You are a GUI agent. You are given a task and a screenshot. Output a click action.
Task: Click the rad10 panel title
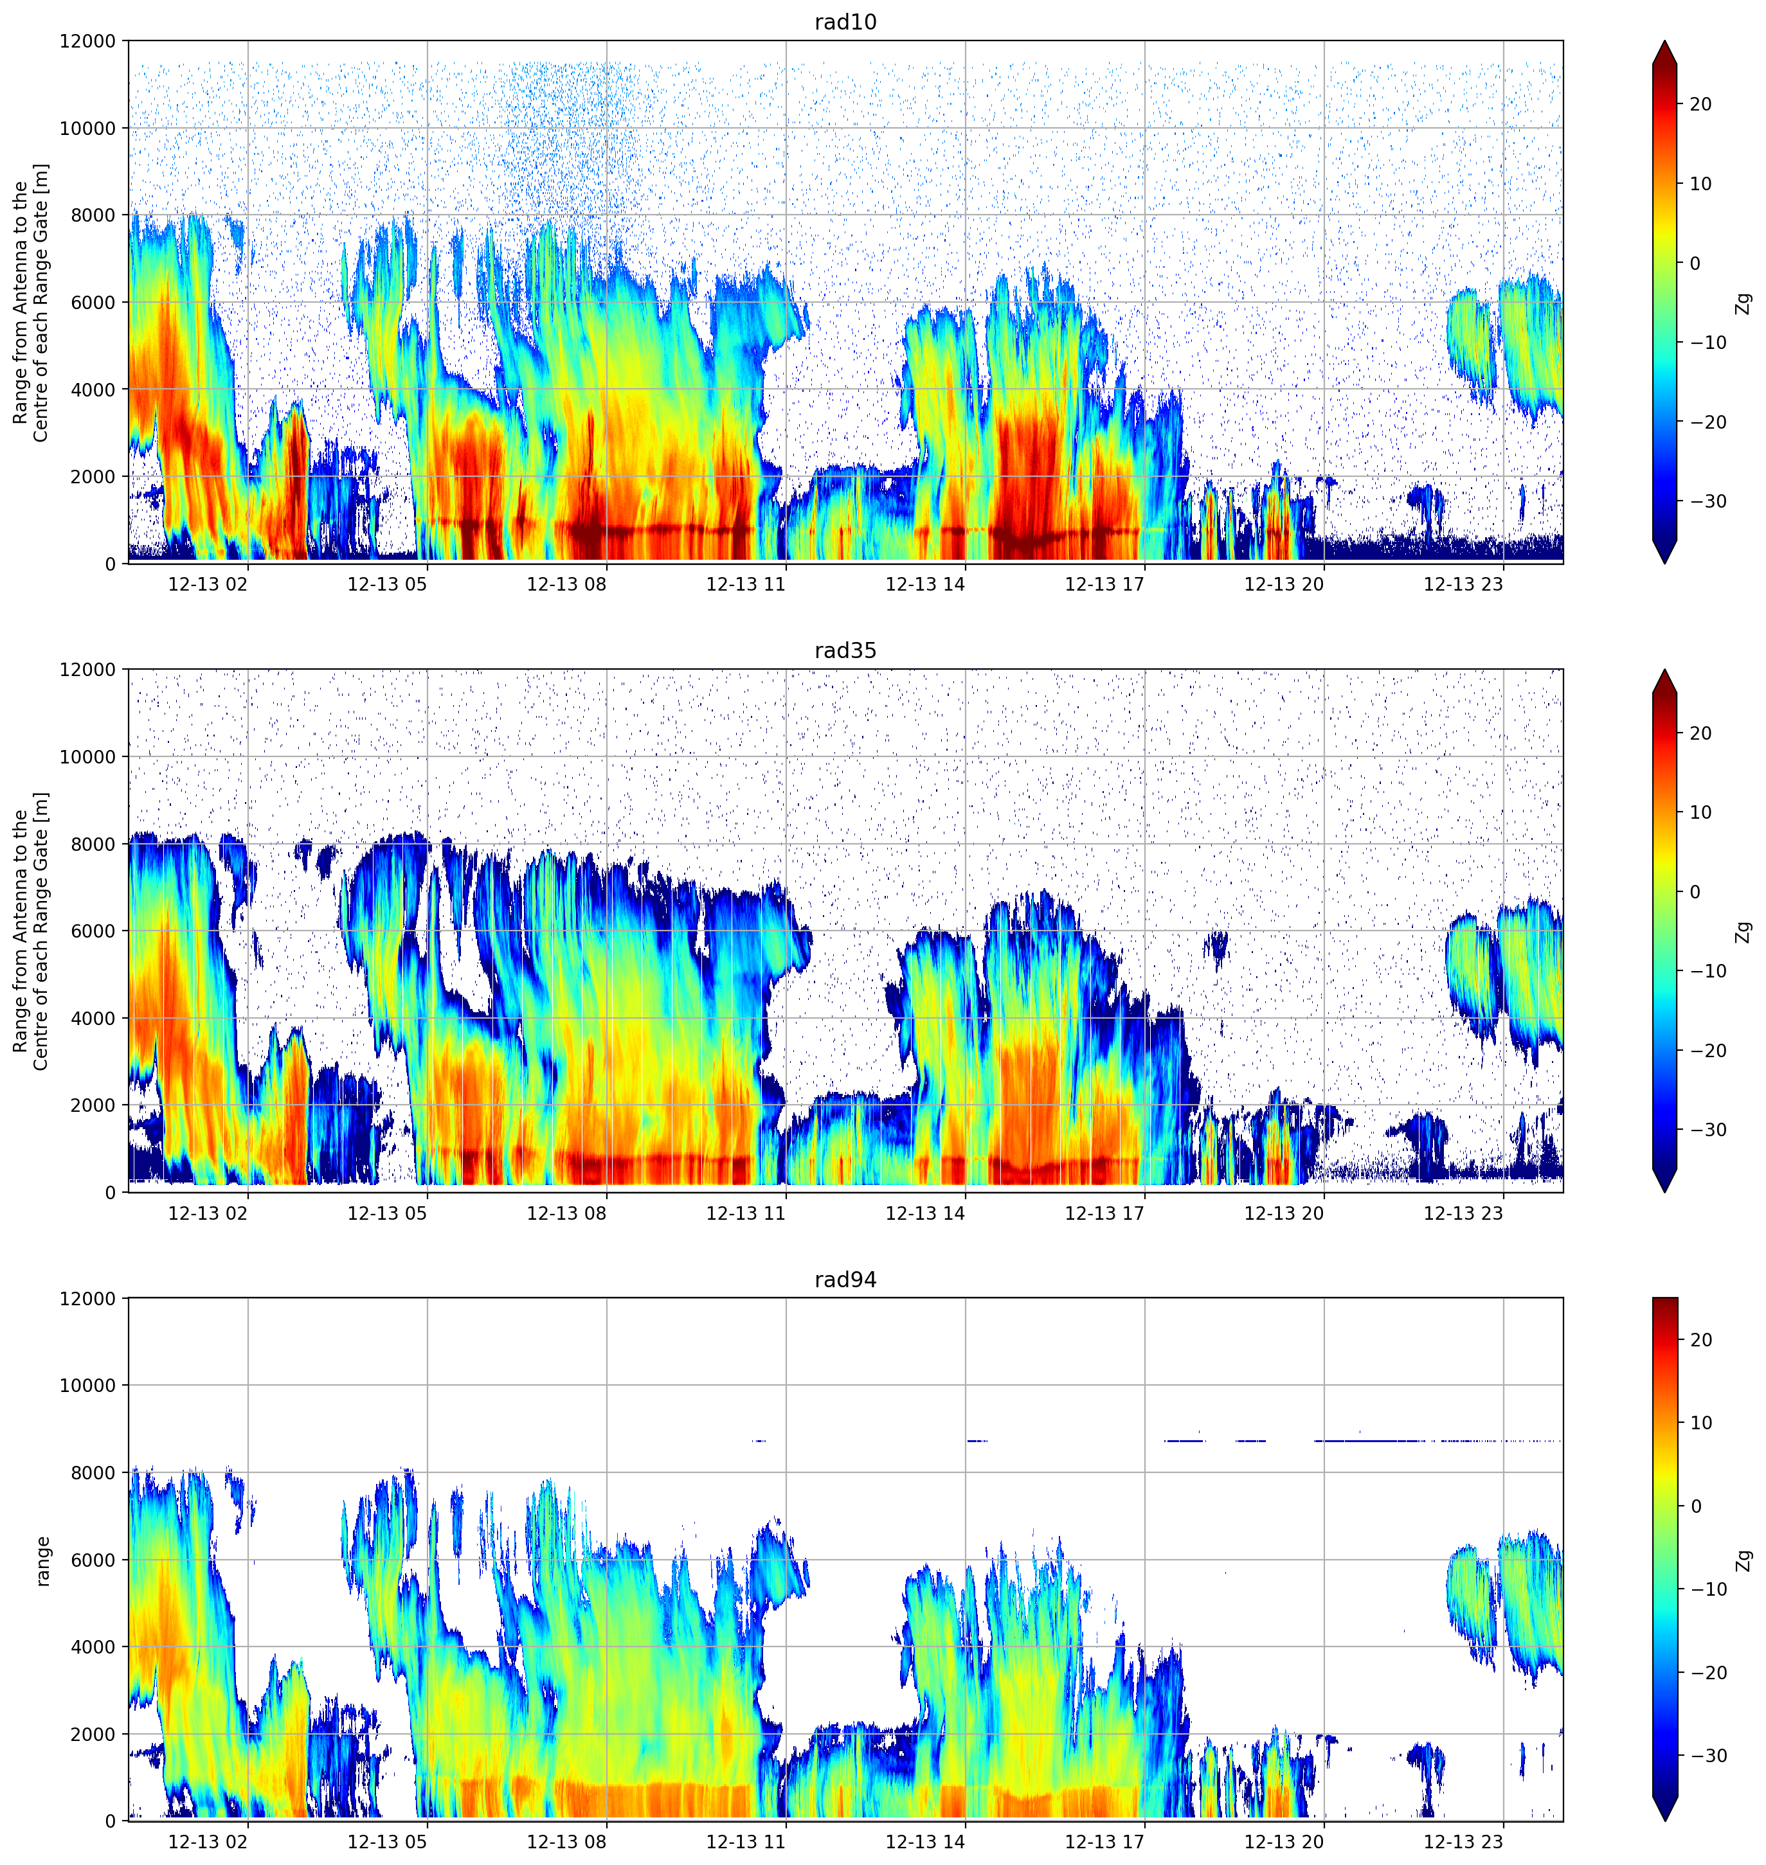tap(845, 22)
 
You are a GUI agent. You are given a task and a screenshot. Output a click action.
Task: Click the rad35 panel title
tap(845, 651)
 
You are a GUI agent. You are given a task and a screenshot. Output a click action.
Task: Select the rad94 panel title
tap(845, 1280)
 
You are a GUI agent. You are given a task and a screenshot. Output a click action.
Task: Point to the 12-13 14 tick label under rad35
tap(925, 1213)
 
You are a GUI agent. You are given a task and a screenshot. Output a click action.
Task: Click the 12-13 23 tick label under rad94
tap(1464, 1843)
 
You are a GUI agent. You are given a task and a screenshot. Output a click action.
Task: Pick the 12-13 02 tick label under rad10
tap(208, 584)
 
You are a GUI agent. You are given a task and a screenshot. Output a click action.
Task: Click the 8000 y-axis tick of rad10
tap(94, 215)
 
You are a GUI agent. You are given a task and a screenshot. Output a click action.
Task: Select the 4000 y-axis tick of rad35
tap(94, 1018)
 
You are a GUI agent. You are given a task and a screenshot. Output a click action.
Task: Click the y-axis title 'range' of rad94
tap(42, 1561)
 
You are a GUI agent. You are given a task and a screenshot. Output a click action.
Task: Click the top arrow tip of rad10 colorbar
tap(1664, 41)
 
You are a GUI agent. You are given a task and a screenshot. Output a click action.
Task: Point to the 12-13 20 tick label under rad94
tap(1284, 1843)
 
